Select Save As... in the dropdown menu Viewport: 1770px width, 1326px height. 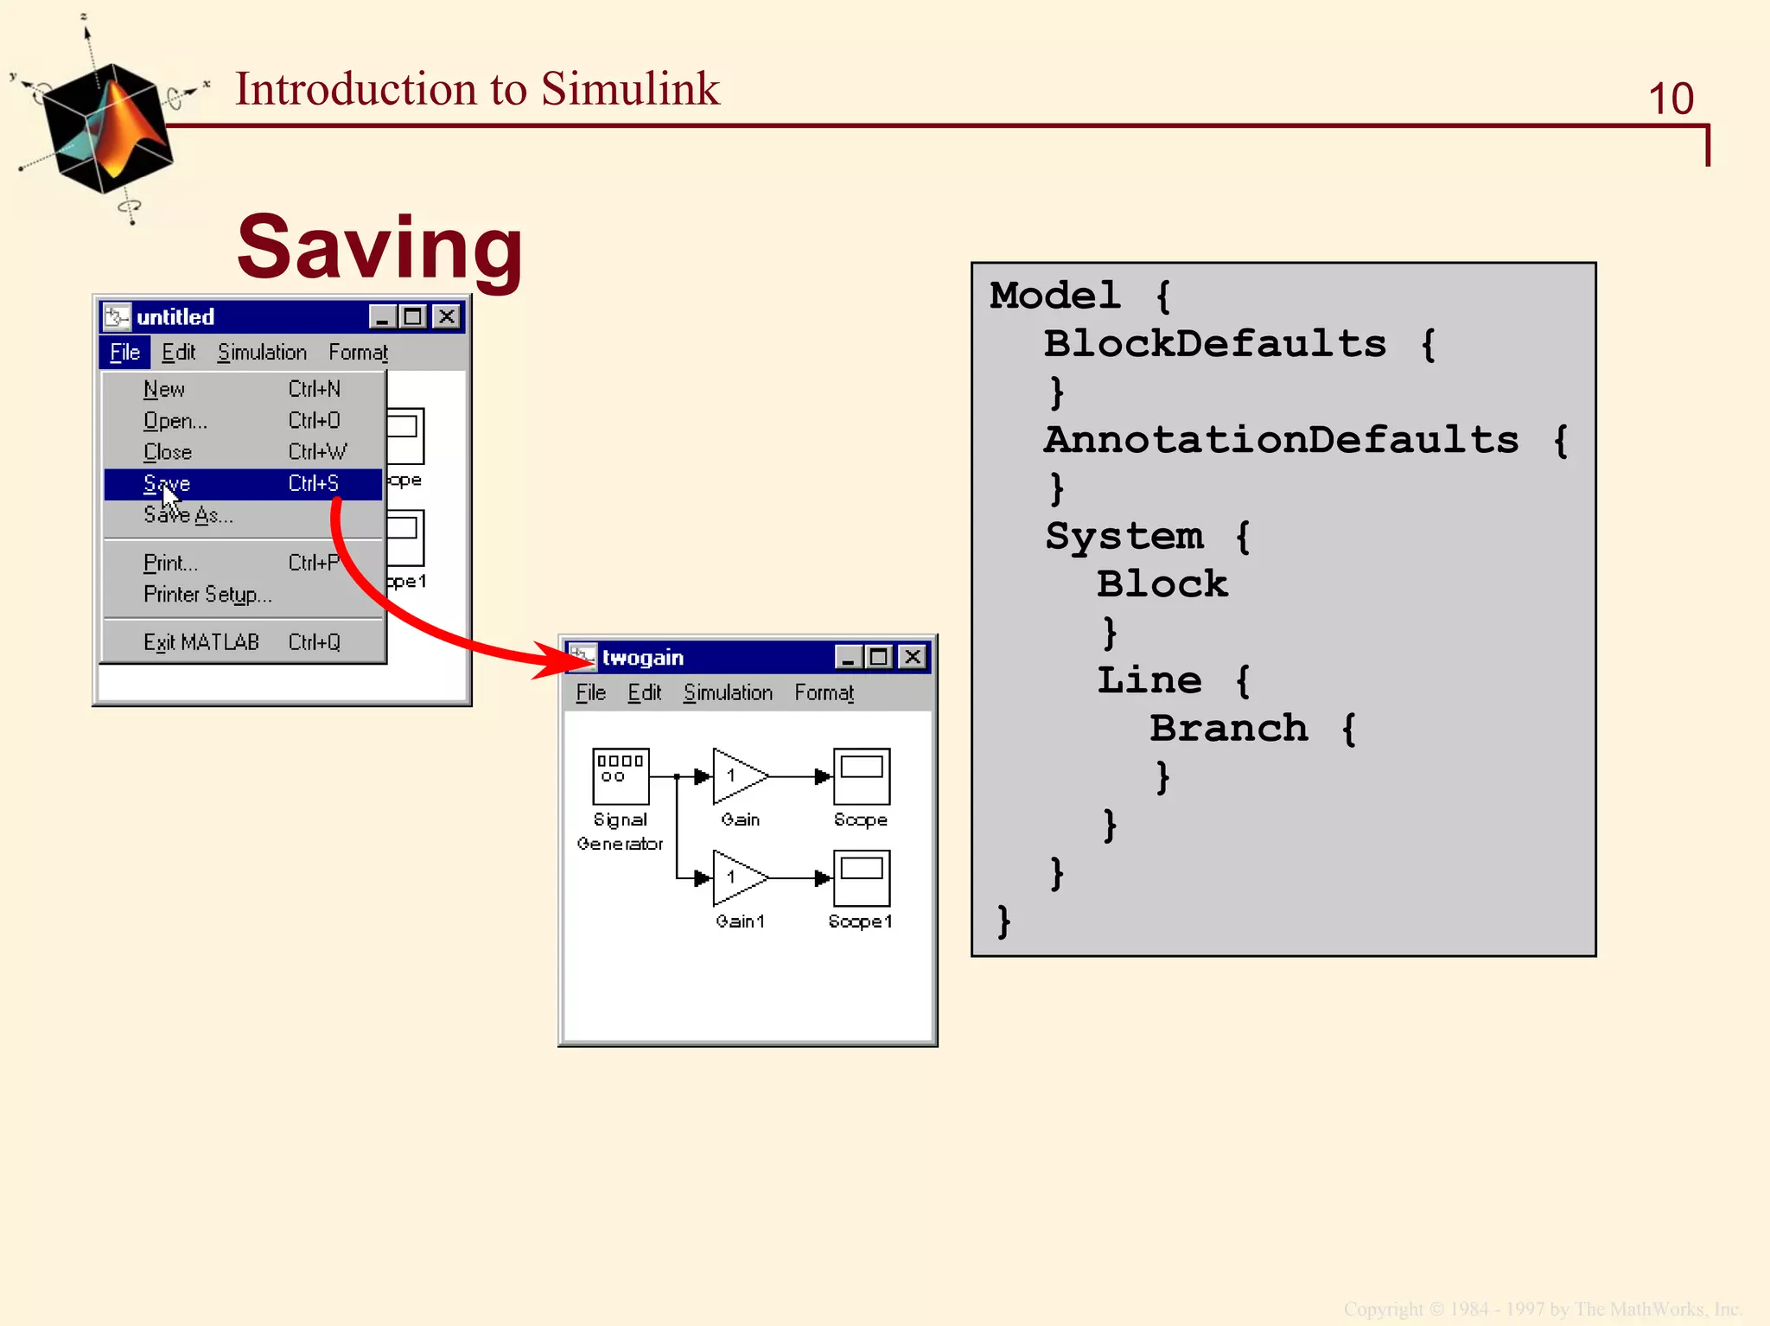click(188, 516)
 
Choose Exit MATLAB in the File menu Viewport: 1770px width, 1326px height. click(201, 642)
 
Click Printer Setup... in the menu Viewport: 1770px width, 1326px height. click(207, 595)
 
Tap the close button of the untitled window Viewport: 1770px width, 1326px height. click(447, 316)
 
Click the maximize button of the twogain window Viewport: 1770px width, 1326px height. click(879, 657)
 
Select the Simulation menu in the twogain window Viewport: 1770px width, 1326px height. click(728, 692)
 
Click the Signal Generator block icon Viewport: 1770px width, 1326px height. click(621, 775)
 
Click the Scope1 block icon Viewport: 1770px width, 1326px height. click(861, 877)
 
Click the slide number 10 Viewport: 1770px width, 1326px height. click(1670, 99)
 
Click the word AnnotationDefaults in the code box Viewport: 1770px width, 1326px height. click(1281, 440)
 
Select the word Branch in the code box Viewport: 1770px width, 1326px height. click(1228, 728)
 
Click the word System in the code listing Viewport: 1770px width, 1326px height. click(1124, 536)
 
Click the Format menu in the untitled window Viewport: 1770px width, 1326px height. click(358, 352)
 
